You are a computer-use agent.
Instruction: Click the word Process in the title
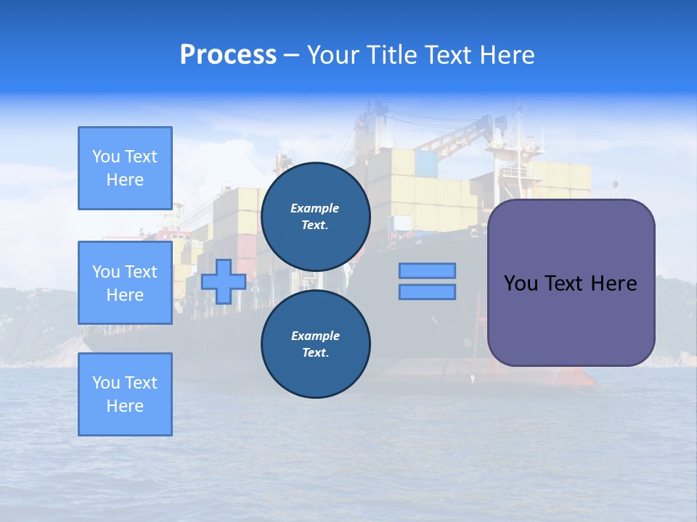(x=228, y=55)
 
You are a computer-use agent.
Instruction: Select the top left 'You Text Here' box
(x=125, y=168)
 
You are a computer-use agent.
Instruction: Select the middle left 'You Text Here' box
(x=125, y=283)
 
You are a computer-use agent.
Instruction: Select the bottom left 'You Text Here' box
(x=125, y=394)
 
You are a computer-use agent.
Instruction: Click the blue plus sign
(x=224, y=281)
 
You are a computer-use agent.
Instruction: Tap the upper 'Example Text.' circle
(x=315, y=217)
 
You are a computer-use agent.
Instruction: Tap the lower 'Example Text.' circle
(x=315, y=344)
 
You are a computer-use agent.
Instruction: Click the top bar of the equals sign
(x=427, y=271)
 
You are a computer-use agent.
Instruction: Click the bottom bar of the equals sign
(x=427, y=292)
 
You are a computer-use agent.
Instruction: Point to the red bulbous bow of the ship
(x=574, y=377)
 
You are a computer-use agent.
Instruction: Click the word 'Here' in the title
(x=505, y=55)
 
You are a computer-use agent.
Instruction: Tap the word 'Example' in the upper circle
(x=315, y=208)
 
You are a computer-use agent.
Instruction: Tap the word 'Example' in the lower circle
(x=315, y=336)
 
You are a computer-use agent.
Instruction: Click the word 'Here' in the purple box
(x=614, y=283)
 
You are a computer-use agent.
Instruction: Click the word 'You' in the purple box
(x=521, y=283)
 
